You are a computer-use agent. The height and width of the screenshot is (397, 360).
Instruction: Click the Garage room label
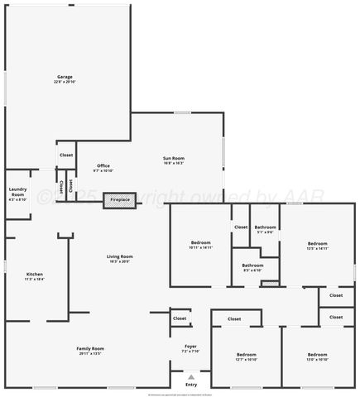point(65,77)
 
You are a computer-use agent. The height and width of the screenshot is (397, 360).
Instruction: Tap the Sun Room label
point(173,158)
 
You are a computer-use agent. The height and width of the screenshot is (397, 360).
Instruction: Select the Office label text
point(103,165)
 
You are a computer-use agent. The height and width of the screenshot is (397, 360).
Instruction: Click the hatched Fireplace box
point(120,199)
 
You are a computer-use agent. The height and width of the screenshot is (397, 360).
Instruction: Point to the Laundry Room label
point(17,192)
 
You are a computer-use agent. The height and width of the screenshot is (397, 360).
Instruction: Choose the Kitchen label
point(35,275)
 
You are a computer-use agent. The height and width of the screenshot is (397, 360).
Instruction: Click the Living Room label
point(120,256)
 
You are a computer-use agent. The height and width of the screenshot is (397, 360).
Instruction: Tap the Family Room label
point(90,348)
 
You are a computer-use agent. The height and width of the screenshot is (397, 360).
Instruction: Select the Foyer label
point(190,347)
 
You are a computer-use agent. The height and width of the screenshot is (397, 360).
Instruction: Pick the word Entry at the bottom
point(191,385)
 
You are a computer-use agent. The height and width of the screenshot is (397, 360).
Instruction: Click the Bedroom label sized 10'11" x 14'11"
point(201,243)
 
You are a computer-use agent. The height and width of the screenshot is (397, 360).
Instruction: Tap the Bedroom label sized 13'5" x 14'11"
point(318,243)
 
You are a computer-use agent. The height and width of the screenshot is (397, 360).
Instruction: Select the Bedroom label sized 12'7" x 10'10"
point(247,354)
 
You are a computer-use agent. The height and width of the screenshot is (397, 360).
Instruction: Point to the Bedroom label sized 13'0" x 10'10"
point(318,354)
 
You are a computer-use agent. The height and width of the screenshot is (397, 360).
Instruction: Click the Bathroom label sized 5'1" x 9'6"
point(265,227)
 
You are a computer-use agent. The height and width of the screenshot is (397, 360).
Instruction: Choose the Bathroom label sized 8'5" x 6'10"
point(252,265)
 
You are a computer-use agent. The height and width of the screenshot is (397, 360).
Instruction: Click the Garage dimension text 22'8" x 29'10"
point(65,82)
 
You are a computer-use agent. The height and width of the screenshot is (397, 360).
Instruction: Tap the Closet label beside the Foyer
point(180,318)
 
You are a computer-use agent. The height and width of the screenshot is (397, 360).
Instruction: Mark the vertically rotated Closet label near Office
point(71,184)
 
